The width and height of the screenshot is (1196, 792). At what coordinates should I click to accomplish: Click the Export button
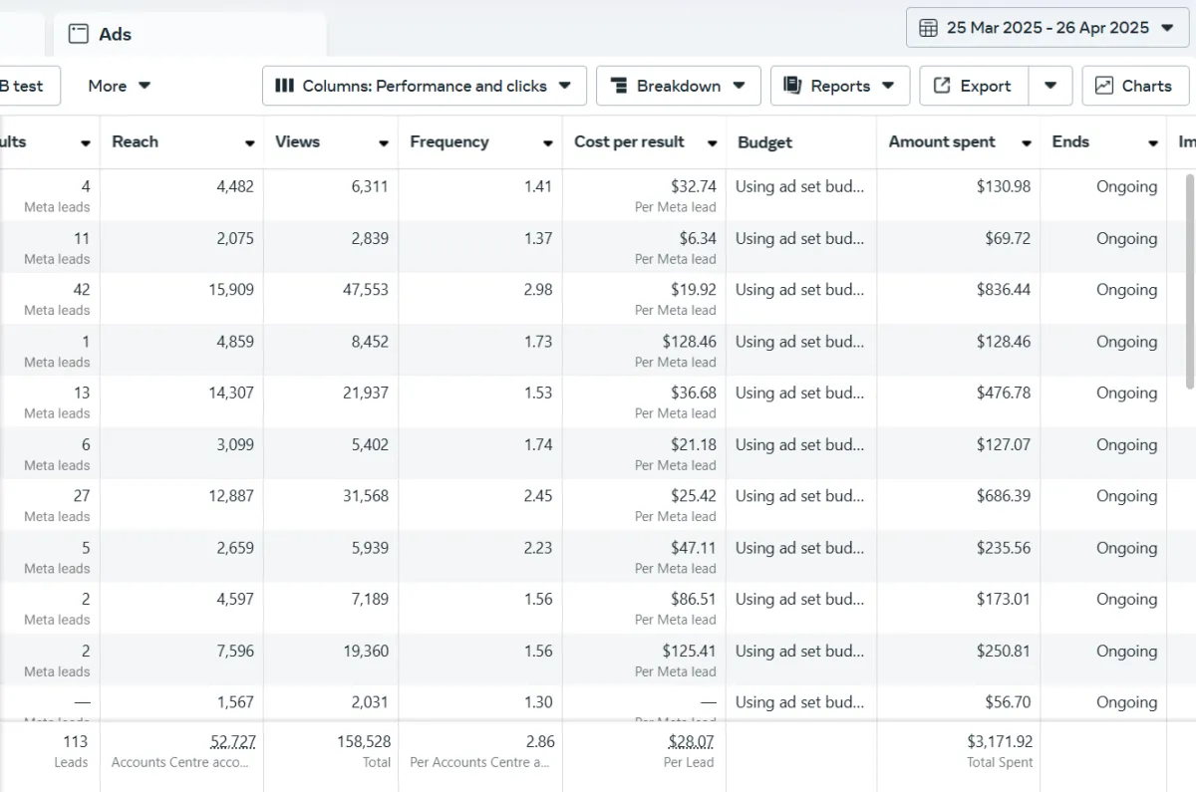pos(973,86)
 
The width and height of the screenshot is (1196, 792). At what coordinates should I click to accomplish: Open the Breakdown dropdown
pos(678,86)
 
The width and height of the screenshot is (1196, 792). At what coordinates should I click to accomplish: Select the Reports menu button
pos(839,86)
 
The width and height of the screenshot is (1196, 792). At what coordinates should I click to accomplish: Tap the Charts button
pos(1135,86)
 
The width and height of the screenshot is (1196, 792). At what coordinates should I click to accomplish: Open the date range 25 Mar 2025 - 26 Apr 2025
pos(1046,28)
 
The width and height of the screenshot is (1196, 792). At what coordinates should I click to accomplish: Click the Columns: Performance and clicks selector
pos(424,86)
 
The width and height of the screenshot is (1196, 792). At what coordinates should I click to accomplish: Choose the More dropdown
pos(119,86)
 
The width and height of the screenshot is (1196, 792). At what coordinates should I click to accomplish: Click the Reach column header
pos(136,141)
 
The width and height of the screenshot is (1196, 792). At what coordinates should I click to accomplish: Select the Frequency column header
pos(449,141)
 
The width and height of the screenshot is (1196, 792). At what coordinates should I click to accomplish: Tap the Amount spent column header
pos(942,141)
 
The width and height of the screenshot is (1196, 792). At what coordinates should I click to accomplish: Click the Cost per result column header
pos(629,141)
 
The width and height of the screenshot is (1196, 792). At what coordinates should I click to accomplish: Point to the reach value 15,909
pos(230,290)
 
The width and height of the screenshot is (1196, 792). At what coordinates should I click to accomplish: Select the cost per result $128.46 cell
pos(689,342)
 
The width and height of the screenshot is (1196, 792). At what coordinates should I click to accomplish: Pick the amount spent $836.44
pos(1003,290)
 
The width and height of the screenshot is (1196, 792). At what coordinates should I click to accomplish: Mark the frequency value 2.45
pos(537,495)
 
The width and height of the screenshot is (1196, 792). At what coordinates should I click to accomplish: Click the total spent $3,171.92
pos(1000,742)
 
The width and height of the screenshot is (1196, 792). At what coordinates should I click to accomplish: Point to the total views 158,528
pos(364,742)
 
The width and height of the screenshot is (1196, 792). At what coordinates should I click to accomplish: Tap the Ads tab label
pos(115,34)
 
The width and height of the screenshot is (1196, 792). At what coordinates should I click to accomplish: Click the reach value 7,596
pos(235,651)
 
